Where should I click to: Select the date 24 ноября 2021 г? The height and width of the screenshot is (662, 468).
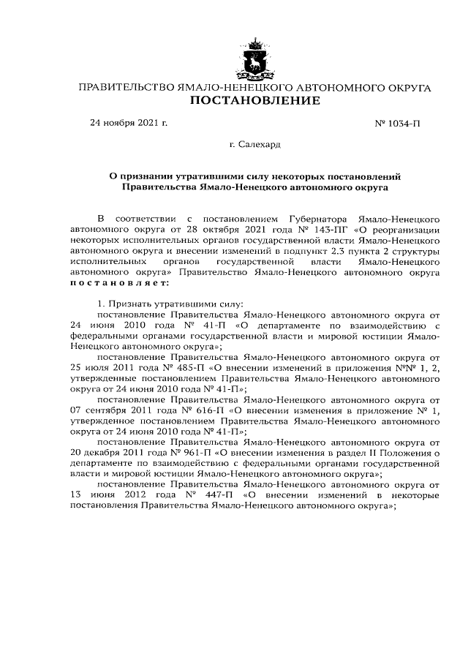point(129,122)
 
